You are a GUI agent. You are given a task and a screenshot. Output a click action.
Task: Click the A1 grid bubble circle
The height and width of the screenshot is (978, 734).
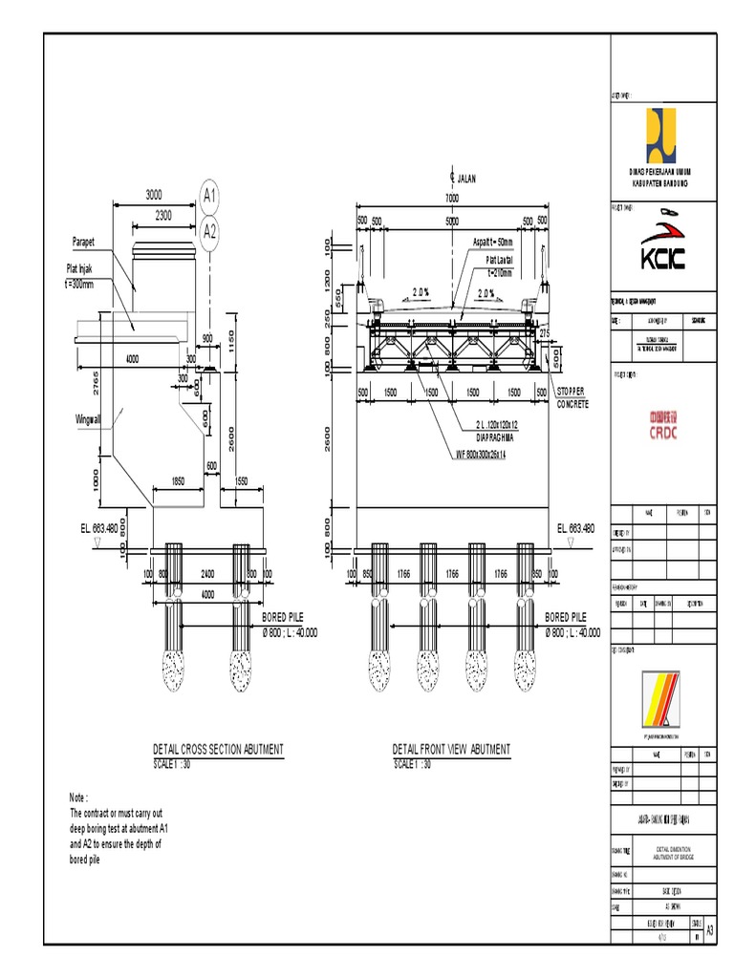[x=209, y=197]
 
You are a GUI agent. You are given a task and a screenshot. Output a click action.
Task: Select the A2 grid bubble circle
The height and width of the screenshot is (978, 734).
[x=209, y=231]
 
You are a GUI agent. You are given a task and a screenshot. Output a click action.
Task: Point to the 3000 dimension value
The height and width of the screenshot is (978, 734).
[x=154, y=195]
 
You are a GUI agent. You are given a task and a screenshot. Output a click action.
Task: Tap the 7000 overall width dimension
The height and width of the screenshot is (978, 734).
[x=451, y=198]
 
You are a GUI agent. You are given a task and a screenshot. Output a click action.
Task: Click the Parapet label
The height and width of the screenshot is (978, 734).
[x=86, y=242]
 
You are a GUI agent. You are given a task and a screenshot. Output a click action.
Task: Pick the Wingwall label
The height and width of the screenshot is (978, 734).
[x=89, y=418]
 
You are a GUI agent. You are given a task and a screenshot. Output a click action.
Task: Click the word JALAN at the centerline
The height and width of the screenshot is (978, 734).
[x=466, y=178]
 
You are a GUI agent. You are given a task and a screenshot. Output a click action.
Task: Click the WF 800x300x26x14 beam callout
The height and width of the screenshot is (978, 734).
[x=494, y=455]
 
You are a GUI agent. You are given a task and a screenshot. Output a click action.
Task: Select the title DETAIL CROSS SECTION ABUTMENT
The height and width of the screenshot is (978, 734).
[x=218, y=750]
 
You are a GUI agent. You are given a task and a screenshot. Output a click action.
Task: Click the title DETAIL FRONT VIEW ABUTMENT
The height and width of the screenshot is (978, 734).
[x=451, y=750]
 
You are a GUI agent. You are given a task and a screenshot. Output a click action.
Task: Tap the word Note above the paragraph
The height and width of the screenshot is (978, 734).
[x=78, y=797]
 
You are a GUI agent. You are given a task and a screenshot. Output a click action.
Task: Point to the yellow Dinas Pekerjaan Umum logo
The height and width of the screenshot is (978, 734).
[x=661, y=135]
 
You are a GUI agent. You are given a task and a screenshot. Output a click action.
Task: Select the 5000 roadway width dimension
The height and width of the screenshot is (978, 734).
[x=451, y=221]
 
